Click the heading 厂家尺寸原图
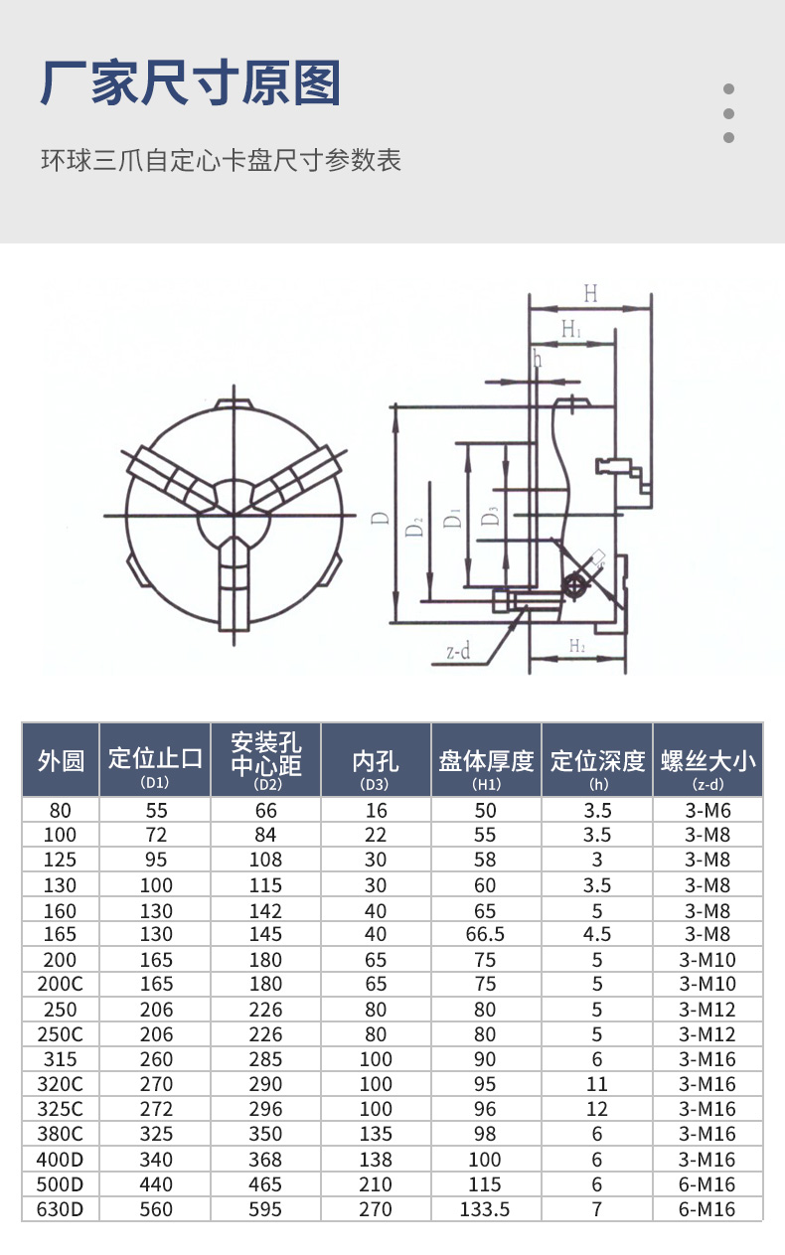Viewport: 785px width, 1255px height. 191,83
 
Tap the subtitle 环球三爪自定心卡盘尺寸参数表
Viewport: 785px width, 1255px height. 221,160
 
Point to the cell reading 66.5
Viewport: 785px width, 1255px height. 486,934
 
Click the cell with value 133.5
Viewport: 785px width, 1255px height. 486,1209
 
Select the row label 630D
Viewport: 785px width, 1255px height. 61,1209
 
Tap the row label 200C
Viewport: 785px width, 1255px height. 61,984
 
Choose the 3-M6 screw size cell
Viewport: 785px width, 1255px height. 707,810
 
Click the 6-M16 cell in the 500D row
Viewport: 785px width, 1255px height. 707,1184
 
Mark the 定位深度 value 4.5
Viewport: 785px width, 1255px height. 596,934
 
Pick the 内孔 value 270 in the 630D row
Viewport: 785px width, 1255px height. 376,1209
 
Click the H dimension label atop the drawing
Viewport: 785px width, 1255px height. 590,293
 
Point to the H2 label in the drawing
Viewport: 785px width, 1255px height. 576,647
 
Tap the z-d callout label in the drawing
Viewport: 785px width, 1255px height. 458,652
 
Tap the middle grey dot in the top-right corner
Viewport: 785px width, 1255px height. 728,113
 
